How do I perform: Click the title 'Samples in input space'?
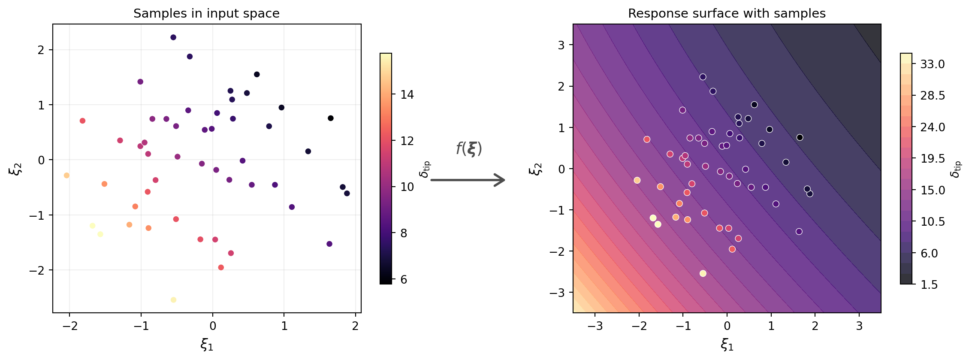[x=206, y=13]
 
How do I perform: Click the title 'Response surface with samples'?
[x=727, y=13]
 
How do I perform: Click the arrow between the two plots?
[x=468, y=180]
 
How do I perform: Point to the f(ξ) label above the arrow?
[x=469, y=149]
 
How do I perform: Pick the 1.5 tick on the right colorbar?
[x=929, y=284]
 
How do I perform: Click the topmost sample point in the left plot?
[x=173, y=37]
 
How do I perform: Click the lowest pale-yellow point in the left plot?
[x=173, y=300]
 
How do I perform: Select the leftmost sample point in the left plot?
[x=66, y=175]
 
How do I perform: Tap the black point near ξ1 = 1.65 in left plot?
[x=331, y=118]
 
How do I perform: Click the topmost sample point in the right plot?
[x=703, y=77]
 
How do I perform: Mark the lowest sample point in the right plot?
[x=703, y=273]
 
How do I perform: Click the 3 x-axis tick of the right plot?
[x=859, y=326]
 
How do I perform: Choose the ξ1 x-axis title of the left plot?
[x=207, y=344]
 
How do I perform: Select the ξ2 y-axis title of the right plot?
[x=536, y=169]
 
